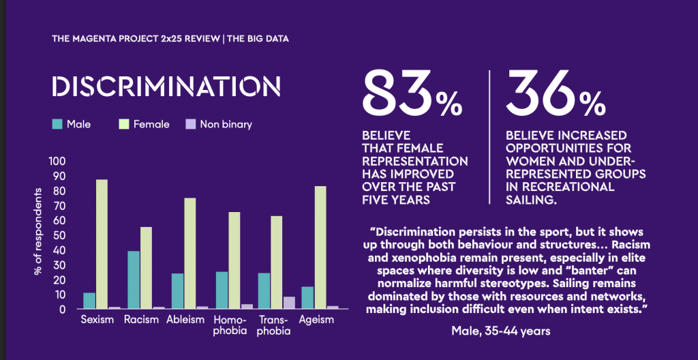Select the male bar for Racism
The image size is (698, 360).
134,280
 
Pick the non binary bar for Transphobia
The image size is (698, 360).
289,303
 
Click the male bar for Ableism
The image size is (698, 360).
177,291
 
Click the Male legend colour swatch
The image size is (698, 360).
57,124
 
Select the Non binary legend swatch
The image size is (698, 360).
191,124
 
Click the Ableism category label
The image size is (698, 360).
185,320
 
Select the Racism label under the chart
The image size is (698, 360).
142,320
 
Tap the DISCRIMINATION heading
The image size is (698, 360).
166,87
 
